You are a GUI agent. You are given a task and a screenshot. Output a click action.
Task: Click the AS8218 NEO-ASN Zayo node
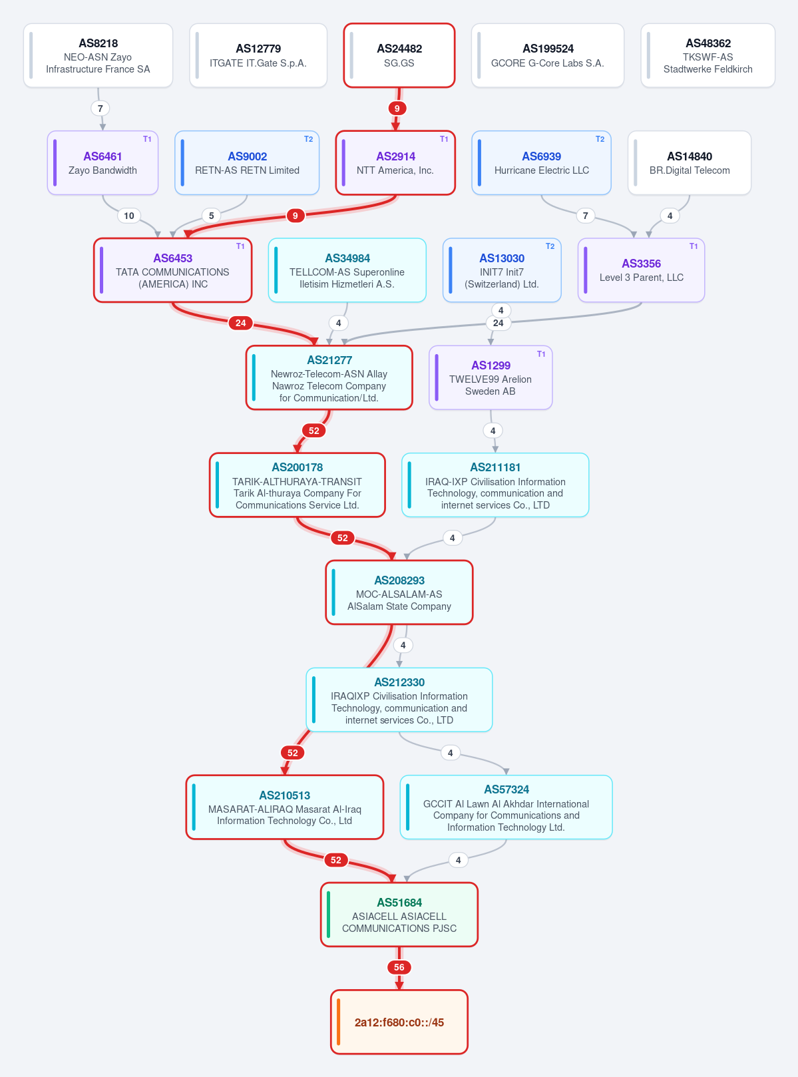98,55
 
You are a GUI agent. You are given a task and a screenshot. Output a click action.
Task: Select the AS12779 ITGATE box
258,55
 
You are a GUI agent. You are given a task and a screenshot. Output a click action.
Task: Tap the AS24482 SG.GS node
399,55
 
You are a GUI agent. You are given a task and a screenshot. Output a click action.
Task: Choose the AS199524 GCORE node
547,55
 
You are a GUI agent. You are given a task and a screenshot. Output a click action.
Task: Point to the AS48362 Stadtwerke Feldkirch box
707,55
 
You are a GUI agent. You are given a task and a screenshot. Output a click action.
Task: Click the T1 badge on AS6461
147,139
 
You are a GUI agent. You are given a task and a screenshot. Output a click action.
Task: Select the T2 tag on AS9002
308,139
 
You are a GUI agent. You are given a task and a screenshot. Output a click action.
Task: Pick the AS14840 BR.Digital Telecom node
690,162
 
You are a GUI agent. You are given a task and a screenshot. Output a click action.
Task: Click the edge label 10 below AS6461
128,216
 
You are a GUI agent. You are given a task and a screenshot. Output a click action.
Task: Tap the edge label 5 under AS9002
211,216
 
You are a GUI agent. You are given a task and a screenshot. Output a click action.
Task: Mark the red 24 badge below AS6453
240,323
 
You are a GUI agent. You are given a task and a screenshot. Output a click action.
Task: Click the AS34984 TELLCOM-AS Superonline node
347,270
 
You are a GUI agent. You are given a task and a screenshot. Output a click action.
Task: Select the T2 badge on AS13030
550,246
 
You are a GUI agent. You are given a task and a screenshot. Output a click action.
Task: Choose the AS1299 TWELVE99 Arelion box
491,377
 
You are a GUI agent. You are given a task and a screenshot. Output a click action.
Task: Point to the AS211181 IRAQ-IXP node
495,485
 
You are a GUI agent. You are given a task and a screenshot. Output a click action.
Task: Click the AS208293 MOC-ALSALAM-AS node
399,592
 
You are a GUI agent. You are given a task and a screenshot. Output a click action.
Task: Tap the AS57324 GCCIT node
506,807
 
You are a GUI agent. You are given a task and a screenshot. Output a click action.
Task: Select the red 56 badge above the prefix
399,967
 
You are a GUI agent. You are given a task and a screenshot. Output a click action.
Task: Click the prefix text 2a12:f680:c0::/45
399,1022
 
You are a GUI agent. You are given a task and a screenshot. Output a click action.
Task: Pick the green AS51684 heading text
399,902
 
